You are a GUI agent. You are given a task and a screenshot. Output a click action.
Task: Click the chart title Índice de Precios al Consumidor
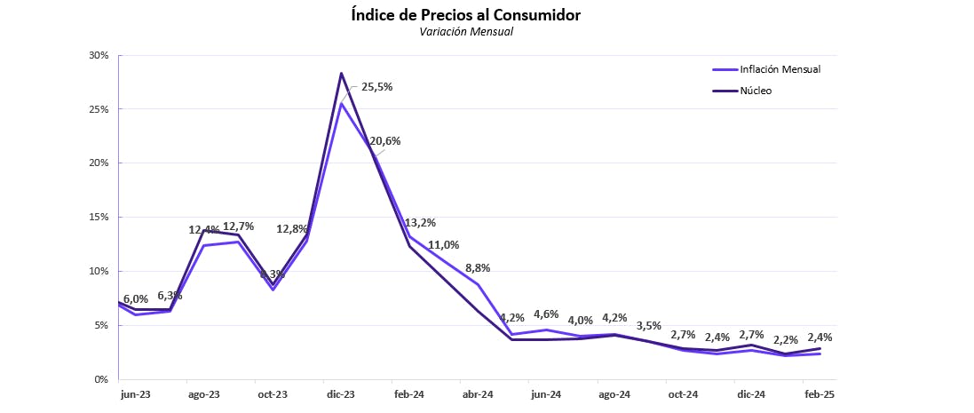click(466, 15)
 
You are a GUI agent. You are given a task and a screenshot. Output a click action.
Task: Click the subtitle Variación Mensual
click(466, 32)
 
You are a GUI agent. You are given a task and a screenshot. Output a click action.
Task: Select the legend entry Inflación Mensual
click(779, 69)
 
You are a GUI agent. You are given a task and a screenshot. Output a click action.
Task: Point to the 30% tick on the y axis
click(99, 55)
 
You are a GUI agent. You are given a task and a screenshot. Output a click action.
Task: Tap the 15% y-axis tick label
click(99, 217)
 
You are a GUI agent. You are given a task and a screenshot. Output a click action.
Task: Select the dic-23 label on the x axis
click(340, 393)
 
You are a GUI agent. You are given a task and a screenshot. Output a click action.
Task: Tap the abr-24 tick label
click(478, 393)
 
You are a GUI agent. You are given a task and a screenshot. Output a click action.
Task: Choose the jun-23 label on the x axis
click(135, 393)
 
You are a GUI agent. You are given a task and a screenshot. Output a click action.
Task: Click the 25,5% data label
click(376, 87)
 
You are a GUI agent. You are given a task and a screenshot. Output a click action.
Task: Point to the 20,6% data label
click(385, 140)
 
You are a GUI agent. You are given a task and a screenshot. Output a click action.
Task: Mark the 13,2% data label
click(420, 223)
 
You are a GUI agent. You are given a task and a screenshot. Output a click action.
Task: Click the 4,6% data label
click(546, 314)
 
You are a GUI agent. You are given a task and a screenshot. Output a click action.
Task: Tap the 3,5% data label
click(649, 325)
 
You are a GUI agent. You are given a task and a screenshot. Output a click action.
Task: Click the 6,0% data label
click(136, 299)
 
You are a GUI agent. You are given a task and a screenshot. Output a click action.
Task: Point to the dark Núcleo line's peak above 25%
click(341, 73)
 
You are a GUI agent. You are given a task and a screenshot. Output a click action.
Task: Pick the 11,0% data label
click(443, 245)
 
